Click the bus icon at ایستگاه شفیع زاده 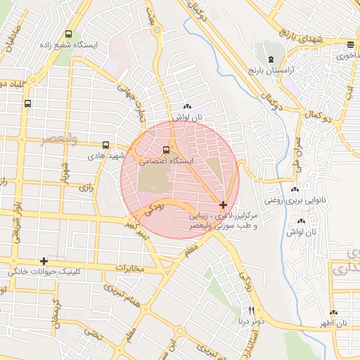pyautogui.click(x=68, y=34)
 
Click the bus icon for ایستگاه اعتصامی pyautogui.click(x=167, y=149)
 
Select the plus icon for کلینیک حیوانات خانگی pyautogui.click(x=44, y=261)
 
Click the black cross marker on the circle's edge pyautogui.click(x=223, y=205)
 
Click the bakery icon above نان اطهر pyautogui.click(x=333, y=313)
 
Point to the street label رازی pyautogui.click(x=86, y=188)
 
